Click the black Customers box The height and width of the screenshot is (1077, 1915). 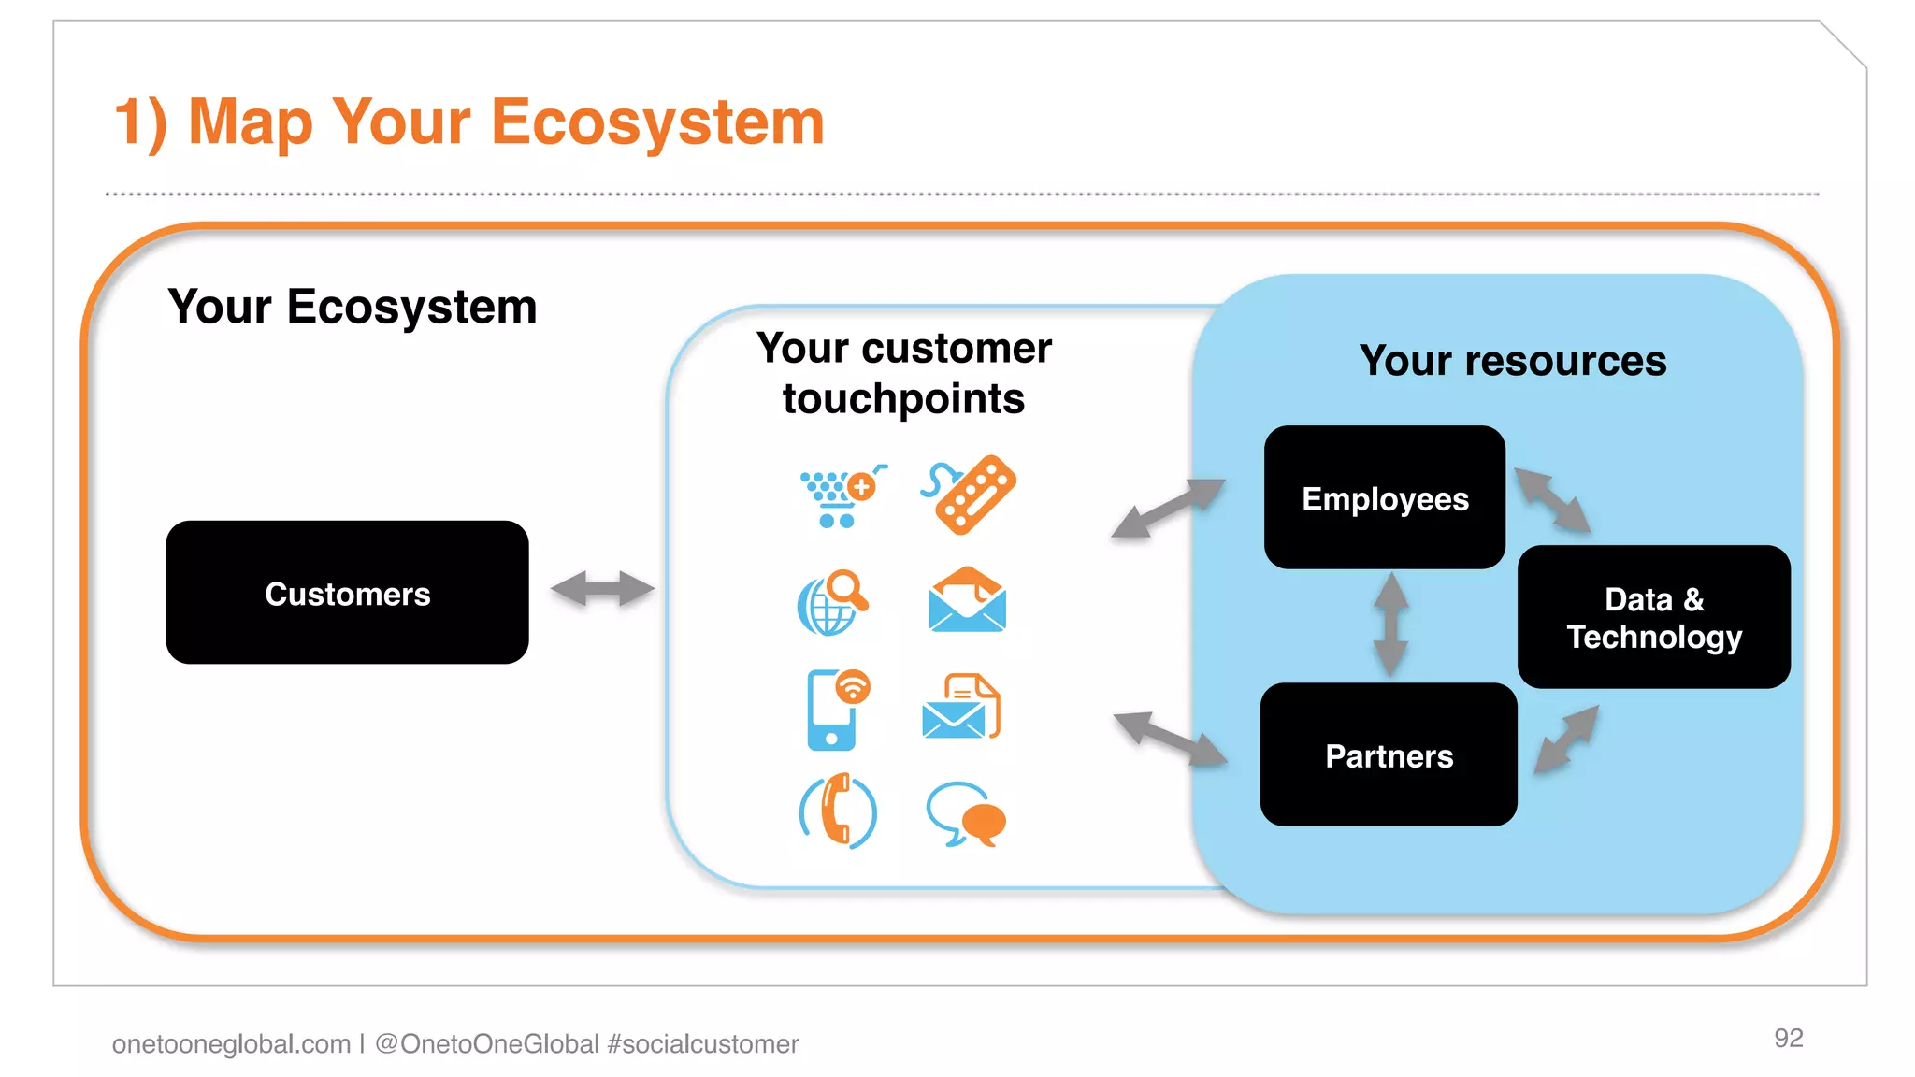347,593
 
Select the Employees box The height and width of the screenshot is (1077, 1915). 1384,497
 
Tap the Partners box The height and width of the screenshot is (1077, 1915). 1388,754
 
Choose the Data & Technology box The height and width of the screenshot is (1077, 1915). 1653,617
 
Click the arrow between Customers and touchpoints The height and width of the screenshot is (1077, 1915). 602,589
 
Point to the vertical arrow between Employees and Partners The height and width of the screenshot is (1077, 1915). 1390,625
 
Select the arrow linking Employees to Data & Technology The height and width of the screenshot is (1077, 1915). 1552,501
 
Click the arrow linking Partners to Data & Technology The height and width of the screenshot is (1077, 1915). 1567,740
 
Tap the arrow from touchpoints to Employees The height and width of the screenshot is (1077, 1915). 1168,508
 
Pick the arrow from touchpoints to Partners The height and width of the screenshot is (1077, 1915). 1170,739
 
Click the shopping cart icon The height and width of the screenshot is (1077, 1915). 838,496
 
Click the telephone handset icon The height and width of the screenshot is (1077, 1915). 838,811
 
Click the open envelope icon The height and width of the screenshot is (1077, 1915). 966,600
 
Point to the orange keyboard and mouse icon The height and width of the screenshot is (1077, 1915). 970,495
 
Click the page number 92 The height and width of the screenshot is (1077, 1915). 1788,1038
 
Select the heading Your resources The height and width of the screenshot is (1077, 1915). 1512,361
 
